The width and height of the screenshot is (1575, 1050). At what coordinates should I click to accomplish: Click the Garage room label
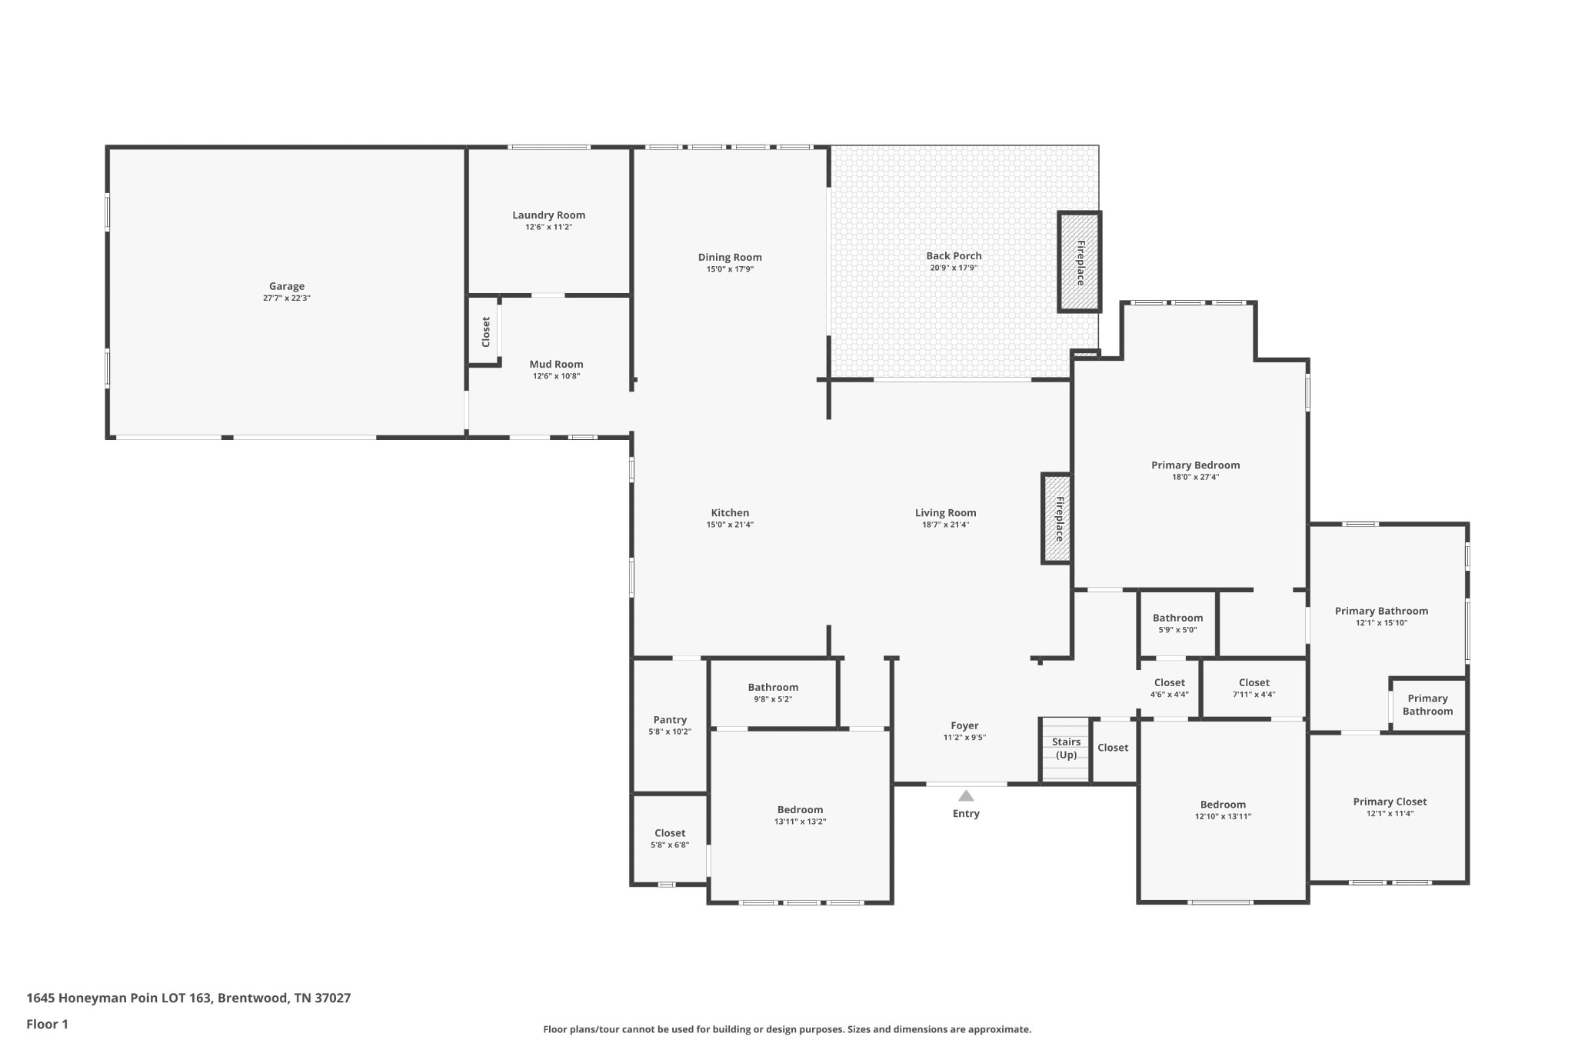[286, 286]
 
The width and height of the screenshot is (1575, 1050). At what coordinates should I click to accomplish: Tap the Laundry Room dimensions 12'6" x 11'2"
[548, 227]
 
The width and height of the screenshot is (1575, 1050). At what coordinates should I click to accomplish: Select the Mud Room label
[556, 365]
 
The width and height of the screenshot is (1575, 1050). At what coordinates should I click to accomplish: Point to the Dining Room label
[730, 258]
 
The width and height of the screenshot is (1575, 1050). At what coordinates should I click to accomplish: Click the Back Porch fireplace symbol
[1080, 262]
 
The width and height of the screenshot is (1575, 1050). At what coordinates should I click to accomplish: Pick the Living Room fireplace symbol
[1057, 518]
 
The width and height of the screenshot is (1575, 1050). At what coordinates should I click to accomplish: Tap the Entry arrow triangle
[966, 795]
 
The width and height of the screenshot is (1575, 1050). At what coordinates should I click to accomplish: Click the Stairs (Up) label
[1066, 748]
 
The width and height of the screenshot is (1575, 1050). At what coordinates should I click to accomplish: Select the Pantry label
[670, 720]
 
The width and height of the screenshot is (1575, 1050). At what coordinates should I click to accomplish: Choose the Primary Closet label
[1390, 802]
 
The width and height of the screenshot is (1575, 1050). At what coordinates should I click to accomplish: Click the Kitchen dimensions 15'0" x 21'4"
[730, 525]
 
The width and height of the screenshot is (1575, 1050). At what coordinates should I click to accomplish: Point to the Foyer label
[964, 725]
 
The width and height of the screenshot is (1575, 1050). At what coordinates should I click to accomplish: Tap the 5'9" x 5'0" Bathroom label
[1177, 618]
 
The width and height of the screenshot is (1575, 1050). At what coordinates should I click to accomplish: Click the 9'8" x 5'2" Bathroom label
[773, 688]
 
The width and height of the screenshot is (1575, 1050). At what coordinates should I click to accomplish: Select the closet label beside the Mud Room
[485, 332]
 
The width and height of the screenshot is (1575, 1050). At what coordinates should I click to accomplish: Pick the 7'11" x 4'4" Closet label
[1254, 682]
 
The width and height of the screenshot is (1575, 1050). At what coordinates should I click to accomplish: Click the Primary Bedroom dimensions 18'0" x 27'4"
[1195, 477]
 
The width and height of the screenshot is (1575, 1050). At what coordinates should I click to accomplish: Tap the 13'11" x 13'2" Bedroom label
[800, 810]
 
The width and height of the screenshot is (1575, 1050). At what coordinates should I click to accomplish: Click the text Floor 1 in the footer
[47, 1024]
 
